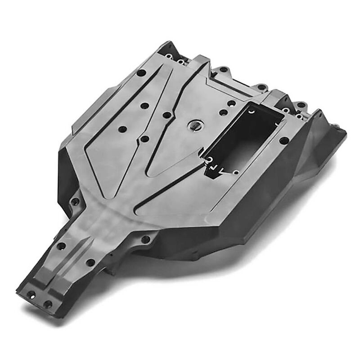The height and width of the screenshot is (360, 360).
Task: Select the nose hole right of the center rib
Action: click(90, 262)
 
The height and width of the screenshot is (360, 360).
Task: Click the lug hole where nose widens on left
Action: click(76, 201)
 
